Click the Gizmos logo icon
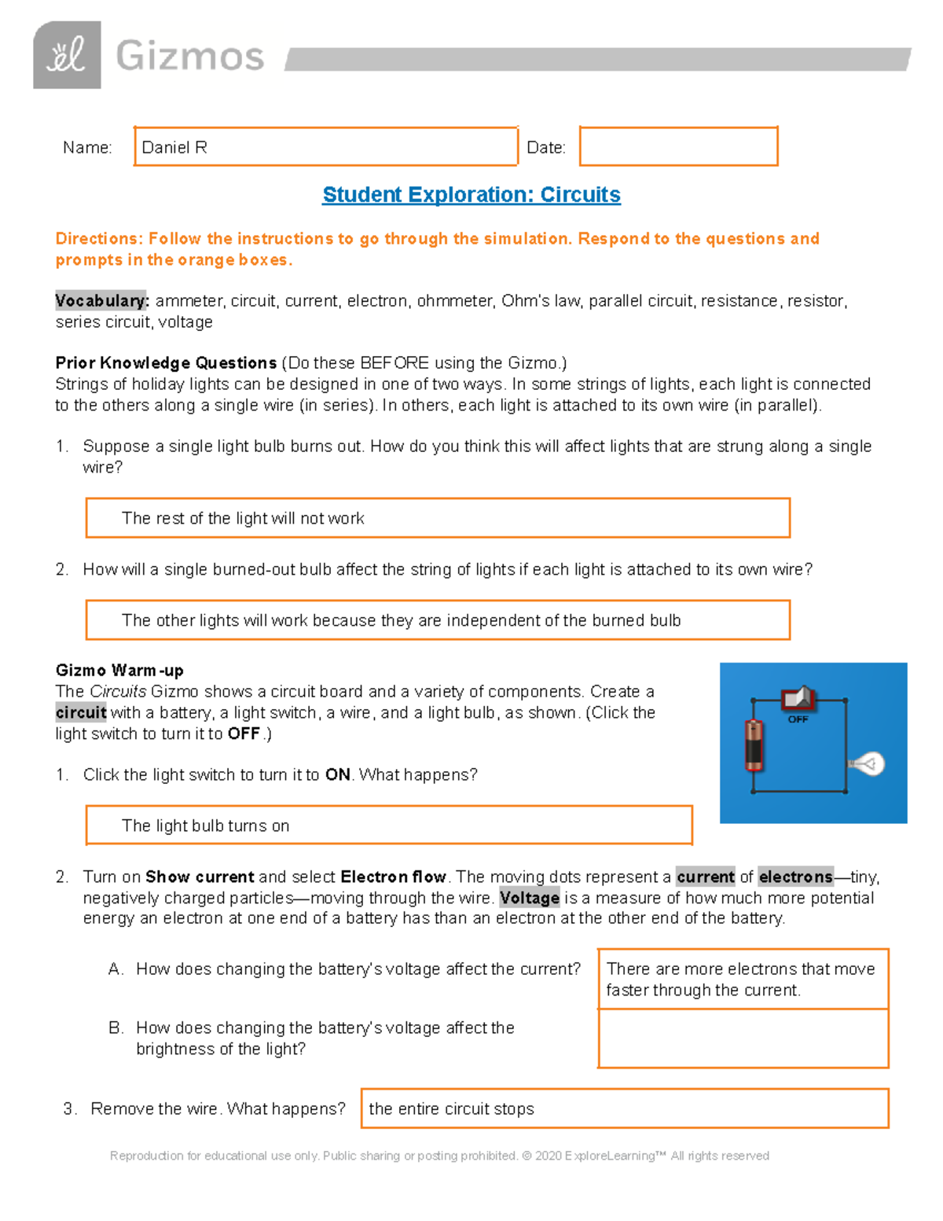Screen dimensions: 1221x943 pyautogui.click(x=67, y=55)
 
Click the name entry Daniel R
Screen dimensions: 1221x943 pyautogui.click(x=174, y=148)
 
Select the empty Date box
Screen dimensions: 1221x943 pyautogui.click(x=678, y=146)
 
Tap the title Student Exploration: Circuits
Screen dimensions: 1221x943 pyautogui.click(x=472, y=195)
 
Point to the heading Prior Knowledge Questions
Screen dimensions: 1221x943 pyautogui.click(x=166, y=363)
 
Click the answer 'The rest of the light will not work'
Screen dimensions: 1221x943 pyautogui.click(x=243, y=519)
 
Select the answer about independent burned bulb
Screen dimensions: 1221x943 pyautogui.click(x=401, y=620)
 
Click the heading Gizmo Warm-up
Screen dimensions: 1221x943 pyautogui.click(x=119, y=671)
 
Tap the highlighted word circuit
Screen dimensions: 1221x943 pyautogui.click(x=81, y=713)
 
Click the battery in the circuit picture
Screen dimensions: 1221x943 pyautogui.click(x=754, y=745)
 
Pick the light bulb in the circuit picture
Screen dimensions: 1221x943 pyautogui.click(x=868, y=763)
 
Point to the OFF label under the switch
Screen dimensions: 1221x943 pyautogui.click(x=798, y=719)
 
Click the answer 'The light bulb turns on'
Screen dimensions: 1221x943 pyautogui.click(x=206, y=826)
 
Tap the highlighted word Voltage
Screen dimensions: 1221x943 pyautogui.click(x=530, y=898)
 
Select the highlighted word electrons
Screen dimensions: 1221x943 pyautogui.click(x=795, y=877)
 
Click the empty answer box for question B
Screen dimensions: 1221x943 pyautogui.click(x=743, y=1039)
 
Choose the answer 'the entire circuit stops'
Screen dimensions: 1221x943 pyautogui.click(x=451, y=1109)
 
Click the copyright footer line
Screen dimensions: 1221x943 pyautogui.click(x=439, y=1156)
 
